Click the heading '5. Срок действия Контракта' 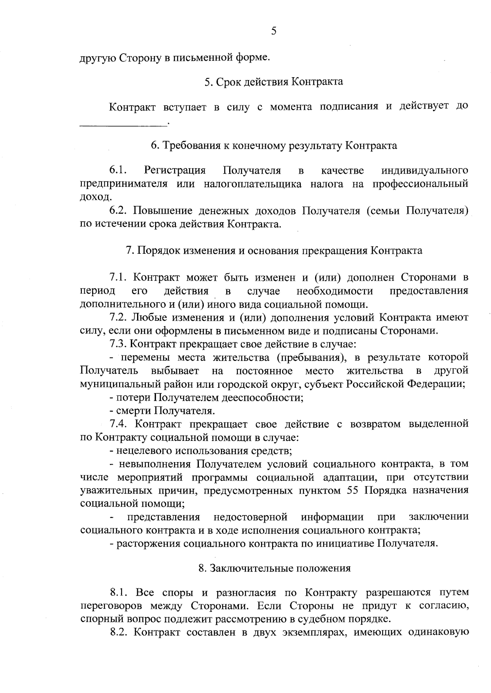click(x=273, y=82)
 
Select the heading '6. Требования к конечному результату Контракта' click(x=274, y=146)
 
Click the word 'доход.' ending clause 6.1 click(x=90, y=197)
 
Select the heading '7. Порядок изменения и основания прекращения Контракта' click(x=274, y=250)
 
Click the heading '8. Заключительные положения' click(x=274, y=568)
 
